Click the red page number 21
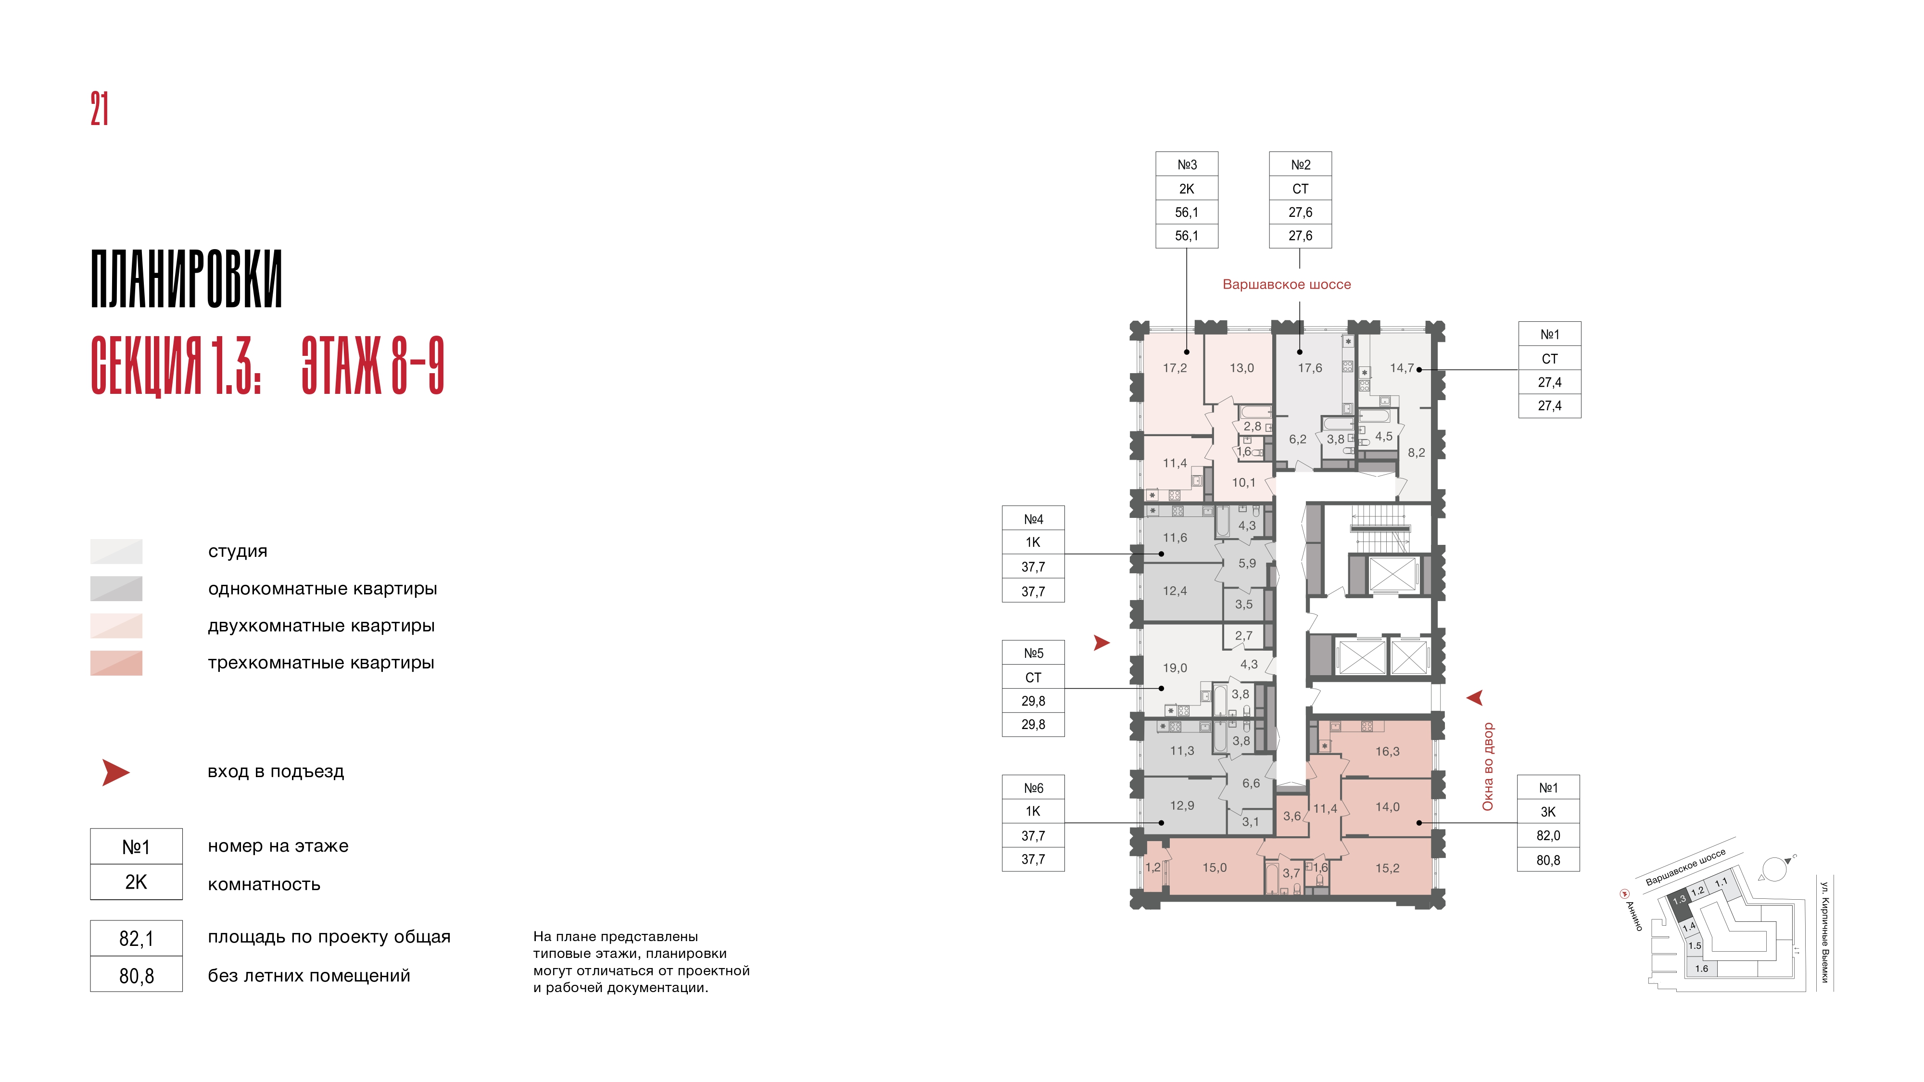[100, 109]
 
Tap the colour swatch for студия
[116, 551]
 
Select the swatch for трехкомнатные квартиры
[116, 663]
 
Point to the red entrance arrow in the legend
[116, 772]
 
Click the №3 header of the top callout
[1187, 164]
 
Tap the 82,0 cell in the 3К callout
[1548, 836]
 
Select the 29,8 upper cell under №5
[1033, 701]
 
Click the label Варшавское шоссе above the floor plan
[1286, 285]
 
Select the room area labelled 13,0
[1241, 368]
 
